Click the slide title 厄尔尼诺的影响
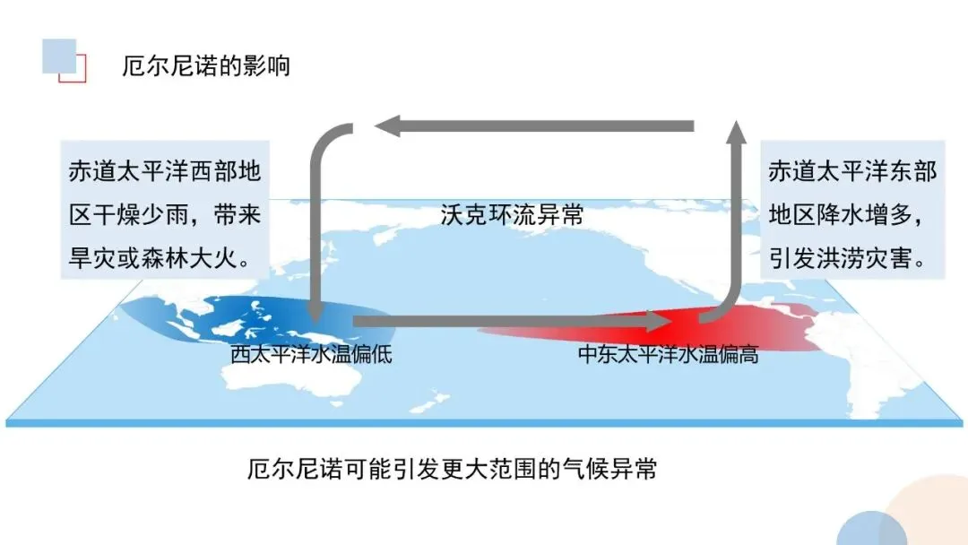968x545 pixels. (x=206, y=66)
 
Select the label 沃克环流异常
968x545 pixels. (x=512, y=215)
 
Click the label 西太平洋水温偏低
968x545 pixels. (x=311, y=354)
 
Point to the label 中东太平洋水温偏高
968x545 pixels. (x=668, y=355)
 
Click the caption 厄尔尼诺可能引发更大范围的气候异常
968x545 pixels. (x=452, y=469)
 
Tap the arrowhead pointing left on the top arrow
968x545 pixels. (x=387, y=126)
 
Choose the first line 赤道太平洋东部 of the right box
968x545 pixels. (x=852, y=171)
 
